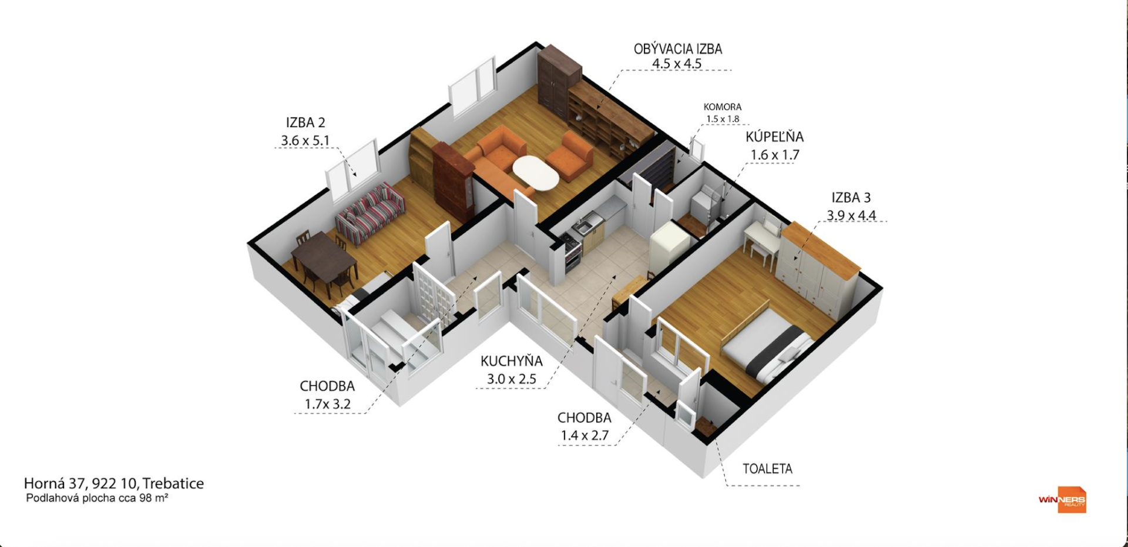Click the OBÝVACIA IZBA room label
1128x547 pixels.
[x=677, y=49]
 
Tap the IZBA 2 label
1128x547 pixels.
[x=305, y=123]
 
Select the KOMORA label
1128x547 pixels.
[x=722, y=107]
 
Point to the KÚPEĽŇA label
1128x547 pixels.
[x=774, y=137]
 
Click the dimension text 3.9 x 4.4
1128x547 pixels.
[x=851, y=215]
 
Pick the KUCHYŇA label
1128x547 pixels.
[x=511, y=361]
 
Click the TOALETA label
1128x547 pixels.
[x=767, y=469]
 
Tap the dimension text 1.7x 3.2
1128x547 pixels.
[x=327, y=404]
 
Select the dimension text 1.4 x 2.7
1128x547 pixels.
[x=584, y=435]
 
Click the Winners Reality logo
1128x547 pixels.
[x=1063, y=500]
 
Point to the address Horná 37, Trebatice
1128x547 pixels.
[x=113, y=483]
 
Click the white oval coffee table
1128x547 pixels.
[x=536, y=172]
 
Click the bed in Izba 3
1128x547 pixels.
[x=767, y=344]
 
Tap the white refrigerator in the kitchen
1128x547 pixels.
[x=669, y=245]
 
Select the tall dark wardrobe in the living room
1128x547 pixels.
[x=558, y=79]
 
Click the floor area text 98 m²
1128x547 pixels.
[x=154, y=498]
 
